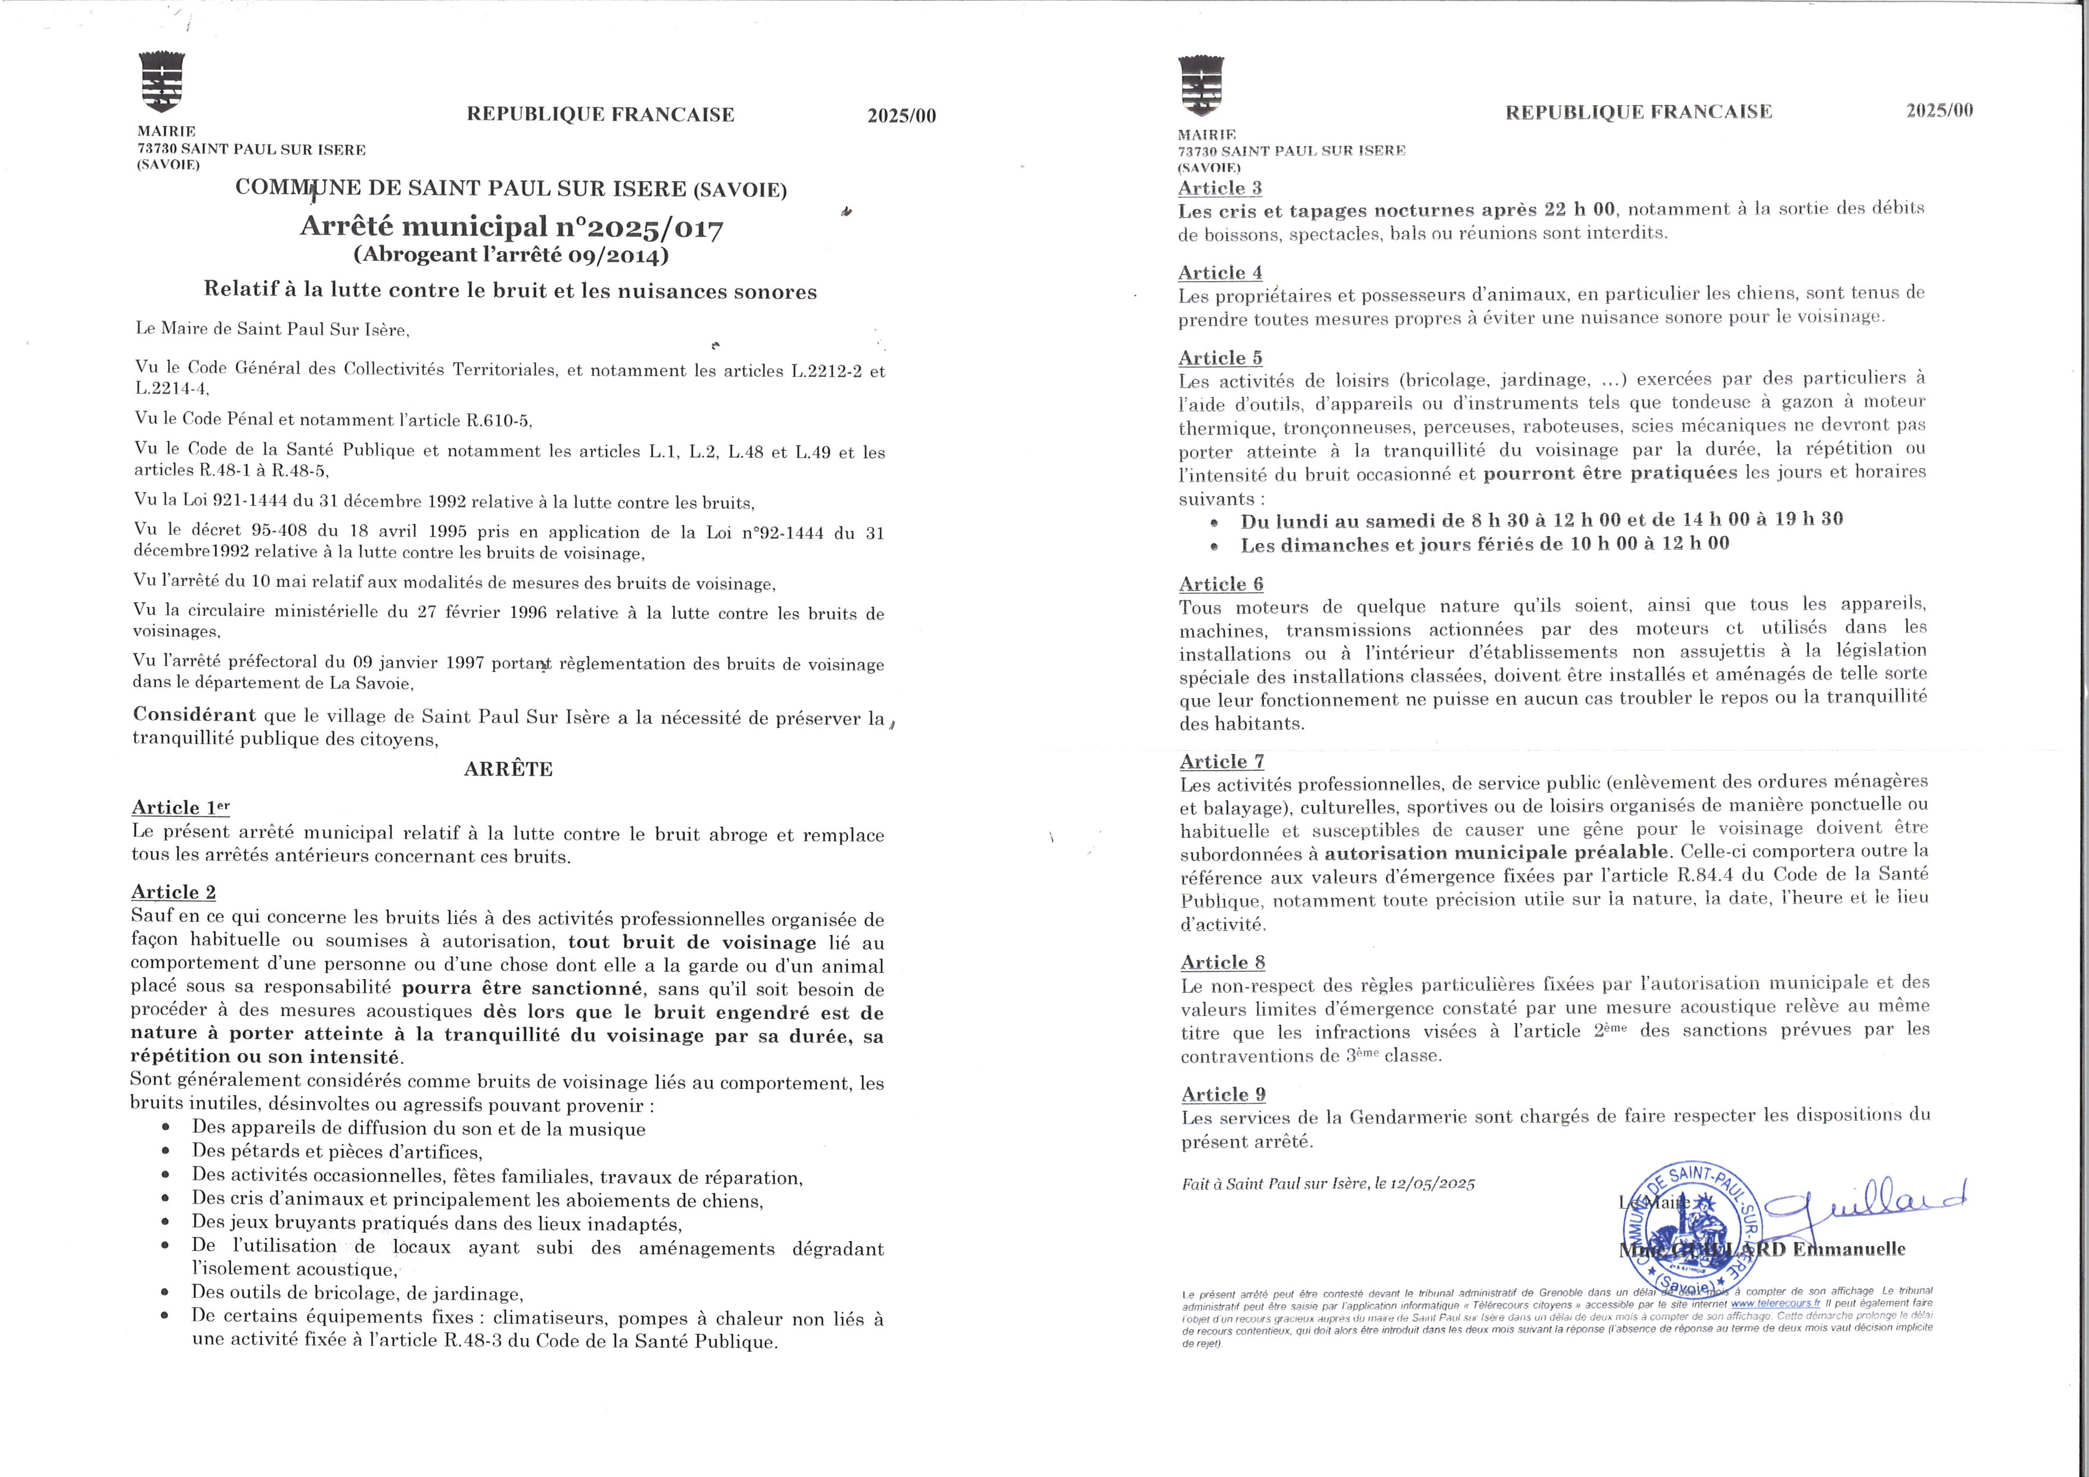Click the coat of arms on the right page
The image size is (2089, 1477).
(1200, 86)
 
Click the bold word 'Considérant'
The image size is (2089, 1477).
(194, 715)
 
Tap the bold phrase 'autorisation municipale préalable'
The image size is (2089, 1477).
(1498, 853)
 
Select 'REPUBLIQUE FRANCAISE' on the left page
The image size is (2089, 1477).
(600, 114)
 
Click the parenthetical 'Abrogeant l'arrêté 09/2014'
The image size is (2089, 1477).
(510, 255)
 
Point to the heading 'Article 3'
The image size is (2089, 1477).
(1219, 188)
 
